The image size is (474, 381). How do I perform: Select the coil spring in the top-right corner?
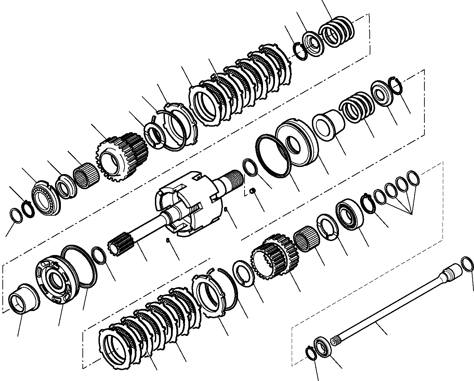[337, 33]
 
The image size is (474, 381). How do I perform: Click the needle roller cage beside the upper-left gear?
[87, 174]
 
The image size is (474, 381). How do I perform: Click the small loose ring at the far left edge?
[16, 216]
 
